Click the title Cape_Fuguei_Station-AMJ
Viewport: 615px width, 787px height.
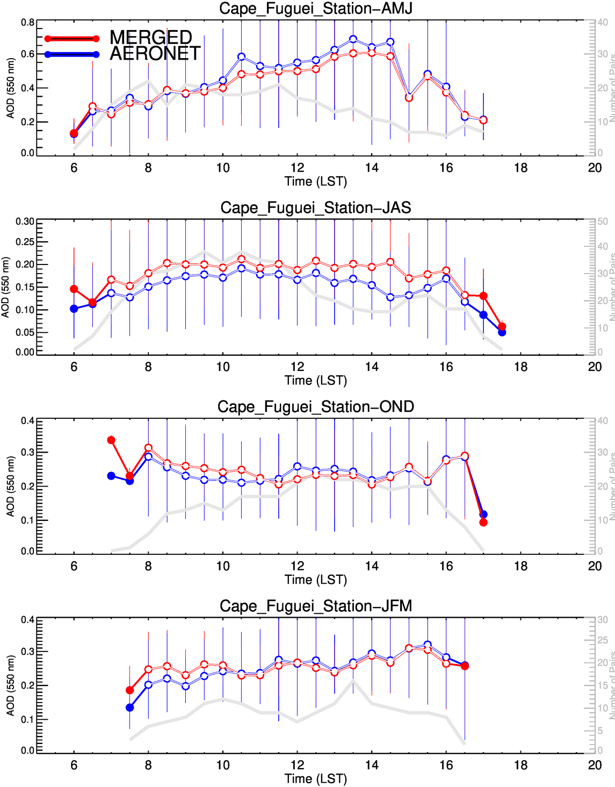[315, 9]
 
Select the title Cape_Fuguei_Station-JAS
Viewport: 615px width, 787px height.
[315, 208]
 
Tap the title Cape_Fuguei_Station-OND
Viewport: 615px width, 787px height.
[315, 407]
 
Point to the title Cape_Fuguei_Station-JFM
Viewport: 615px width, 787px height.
[315, 606]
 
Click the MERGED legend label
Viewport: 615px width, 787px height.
[151, 37]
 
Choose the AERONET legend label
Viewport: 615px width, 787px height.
[155, 53]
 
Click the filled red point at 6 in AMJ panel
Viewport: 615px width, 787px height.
[74, 133]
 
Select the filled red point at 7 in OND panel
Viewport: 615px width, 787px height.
[111, 440]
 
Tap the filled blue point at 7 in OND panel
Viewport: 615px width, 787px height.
[111, 476]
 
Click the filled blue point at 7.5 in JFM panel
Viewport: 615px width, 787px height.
[129, 707]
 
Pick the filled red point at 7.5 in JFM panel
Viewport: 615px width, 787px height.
[129, 690]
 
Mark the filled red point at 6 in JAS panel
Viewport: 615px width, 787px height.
[74, 289]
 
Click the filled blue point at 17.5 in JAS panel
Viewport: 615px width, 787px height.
[502, 332]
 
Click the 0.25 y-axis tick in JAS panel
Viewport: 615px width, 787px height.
[25, 242]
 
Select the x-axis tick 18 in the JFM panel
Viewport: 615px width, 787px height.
[520, 765]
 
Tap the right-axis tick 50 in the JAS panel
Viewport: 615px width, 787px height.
[603, 221]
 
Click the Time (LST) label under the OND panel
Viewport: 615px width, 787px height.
[315, 579]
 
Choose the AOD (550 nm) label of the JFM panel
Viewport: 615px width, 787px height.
[10, 685]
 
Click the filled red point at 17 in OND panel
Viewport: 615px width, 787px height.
[483, 523]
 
